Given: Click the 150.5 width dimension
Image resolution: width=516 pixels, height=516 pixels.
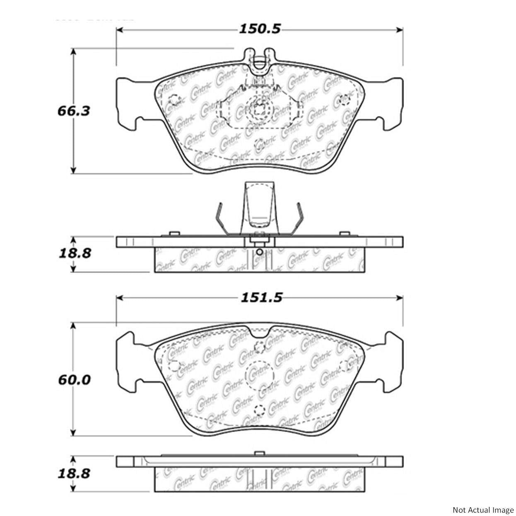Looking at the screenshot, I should tap(260, 29).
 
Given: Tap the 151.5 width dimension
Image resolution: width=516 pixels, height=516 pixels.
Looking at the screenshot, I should tap(261, 297).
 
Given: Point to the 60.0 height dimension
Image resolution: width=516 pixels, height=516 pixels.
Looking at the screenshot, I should tap(74, 379).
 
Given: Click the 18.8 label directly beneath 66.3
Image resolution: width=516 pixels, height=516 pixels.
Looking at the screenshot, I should tap(74, 253).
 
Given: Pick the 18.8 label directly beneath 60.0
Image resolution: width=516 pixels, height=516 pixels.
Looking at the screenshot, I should tap(74, 473).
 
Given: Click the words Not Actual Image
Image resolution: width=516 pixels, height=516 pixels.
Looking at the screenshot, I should tap(482, 510).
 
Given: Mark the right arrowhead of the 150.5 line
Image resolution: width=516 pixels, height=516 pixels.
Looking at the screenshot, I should tap(400, 30).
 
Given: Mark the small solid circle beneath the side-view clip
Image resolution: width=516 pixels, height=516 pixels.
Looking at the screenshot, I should tap(259, 252).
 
